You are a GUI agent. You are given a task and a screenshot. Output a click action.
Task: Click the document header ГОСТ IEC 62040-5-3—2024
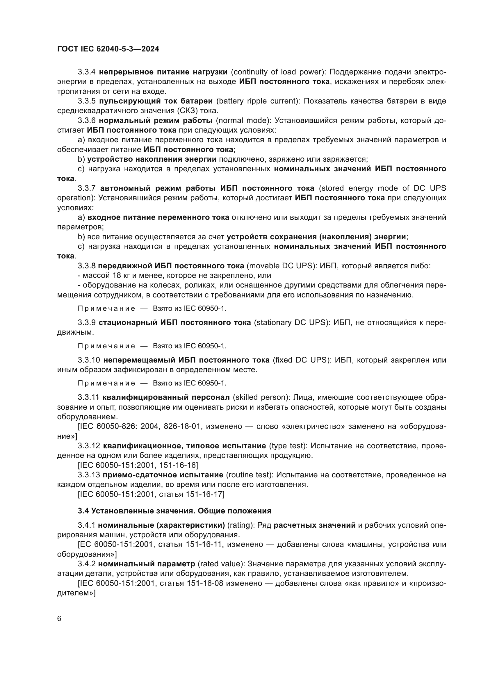(x=108, y=49)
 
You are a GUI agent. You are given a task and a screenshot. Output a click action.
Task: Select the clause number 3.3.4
(x=86, y=72)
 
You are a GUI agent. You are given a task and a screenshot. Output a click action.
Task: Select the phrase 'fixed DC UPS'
(x=301, y=360)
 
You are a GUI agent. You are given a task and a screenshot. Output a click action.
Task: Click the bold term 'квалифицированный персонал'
(x=166, y=397)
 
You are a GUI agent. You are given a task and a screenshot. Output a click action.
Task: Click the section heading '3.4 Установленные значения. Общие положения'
(x=175, y=511)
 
